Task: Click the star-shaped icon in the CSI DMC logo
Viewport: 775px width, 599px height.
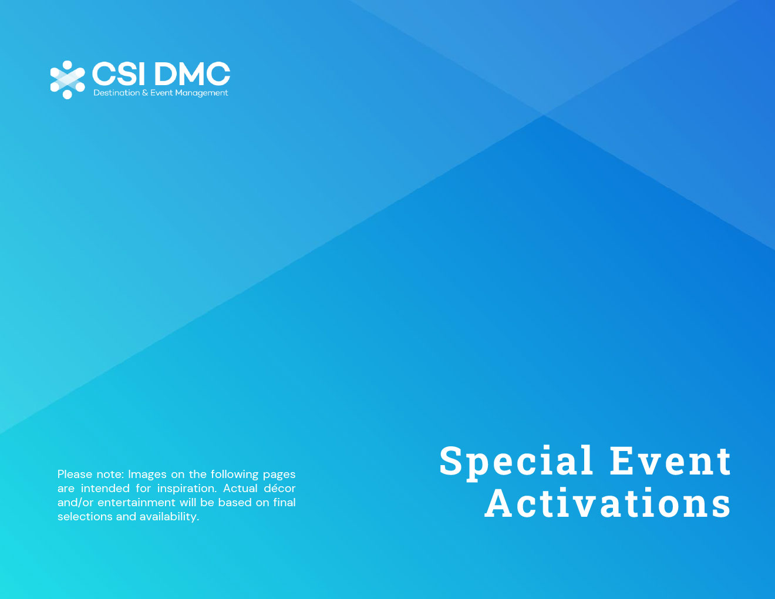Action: click(67, 79)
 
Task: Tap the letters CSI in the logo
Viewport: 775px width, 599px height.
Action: click(118, 75)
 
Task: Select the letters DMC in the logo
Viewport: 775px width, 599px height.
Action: click(192, 75)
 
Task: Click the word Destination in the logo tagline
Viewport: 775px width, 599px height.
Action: click(116, 93)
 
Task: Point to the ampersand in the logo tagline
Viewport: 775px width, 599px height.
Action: click(145, 93)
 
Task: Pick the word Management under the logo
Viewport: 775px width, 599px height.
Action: click(201, 93)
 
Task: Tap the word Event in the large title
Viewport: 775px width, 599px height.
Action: click(670, 460)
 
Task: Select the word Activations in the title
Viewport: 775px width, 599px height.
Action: click(608, 504)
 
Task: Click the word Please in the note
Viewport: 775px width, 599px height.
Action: click(75, 474)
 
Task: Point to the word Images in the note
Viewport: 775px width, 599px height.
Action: click(147, 474)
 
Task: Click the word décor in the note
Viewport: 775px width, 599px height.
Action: click(279, 488)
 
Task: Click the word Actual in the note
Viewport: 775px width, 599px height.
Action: click(240, 488)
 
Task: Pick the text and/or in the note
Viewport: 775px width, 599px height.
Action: click(75, 503)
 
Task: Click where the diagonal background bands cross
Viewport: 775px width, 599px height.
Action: click(544, 115)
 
